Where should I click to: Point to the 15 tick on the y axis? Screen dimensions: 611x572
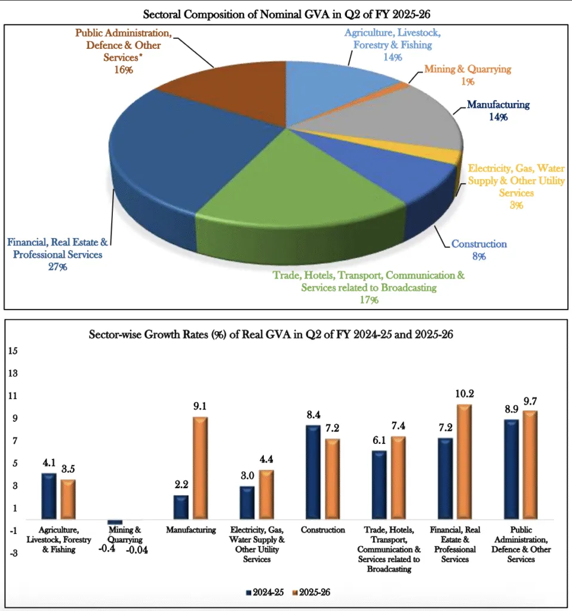13,351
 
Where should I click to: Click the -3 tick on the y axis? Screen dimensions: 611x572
12,553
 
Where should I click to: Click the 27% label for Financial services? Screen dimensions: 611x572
58,267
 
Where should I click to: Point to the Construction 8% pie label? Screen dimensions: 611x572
479,255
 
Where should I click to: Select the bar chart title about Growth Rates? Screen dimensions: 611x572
287,335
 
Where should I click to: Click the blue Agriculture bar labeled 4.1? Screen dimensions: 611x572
49,496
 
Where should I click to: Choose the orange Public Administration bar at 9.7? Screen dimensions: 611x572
530,464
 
